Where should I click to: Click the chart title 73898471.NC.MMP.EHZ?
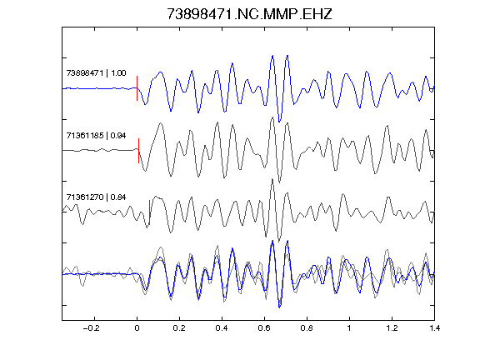pyautogui.click(x=249, y=14)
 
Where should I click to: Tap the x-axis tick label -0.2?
pyautogui.click(x=92, y=328)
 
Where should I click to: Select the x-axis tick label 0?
pyautogui.click(x=137, y=328)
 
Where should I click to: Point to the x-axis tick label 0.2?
pyautogui.click(x=179, y=328)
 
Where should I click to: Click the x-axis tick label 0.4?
pyautogui.click(x=222, y=328)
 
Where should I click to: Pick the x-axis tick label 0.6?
pyautogui.click(x=264, y=328)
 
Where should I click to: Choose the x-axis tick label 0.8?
pyautogui.click(x=307, y=328)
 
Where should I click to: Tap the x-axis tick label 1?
pyautogui.click(x=349, y=328)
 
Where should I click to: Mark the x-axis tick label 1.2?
pyautogui.click(x=392, y=328)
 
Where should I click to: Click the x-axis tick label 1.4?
pyautogui.click(x=434, y=328)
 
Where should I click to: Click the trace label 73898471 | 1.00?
pyautogui.click(x=96, y=73)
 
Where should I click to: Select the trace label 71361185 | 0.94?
pyautogui.click(x=96, y=135)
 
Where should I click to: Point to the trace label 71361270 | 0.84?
pyautogui.click(x=96, y=197)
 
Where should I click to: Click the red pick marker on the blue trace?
pyautogui.click(x=137, y=88)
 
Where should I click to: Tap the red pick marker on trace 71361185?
pyautogui.click(x=138, y=151)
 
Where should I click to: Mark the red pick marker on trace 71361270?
pyautogui.click(x=149, y=212)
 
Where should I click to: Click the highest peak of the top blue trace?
pyautogui.click(x=287, y=56)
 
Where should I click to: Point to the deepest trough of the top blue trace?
pyautogui.click(x=279, y=122)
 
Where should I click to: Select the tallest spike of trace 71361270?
pyautogui.click(x=272, y=179)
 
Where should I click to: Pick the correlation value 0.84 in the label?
pyautogui.click(x=118, y=197)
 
